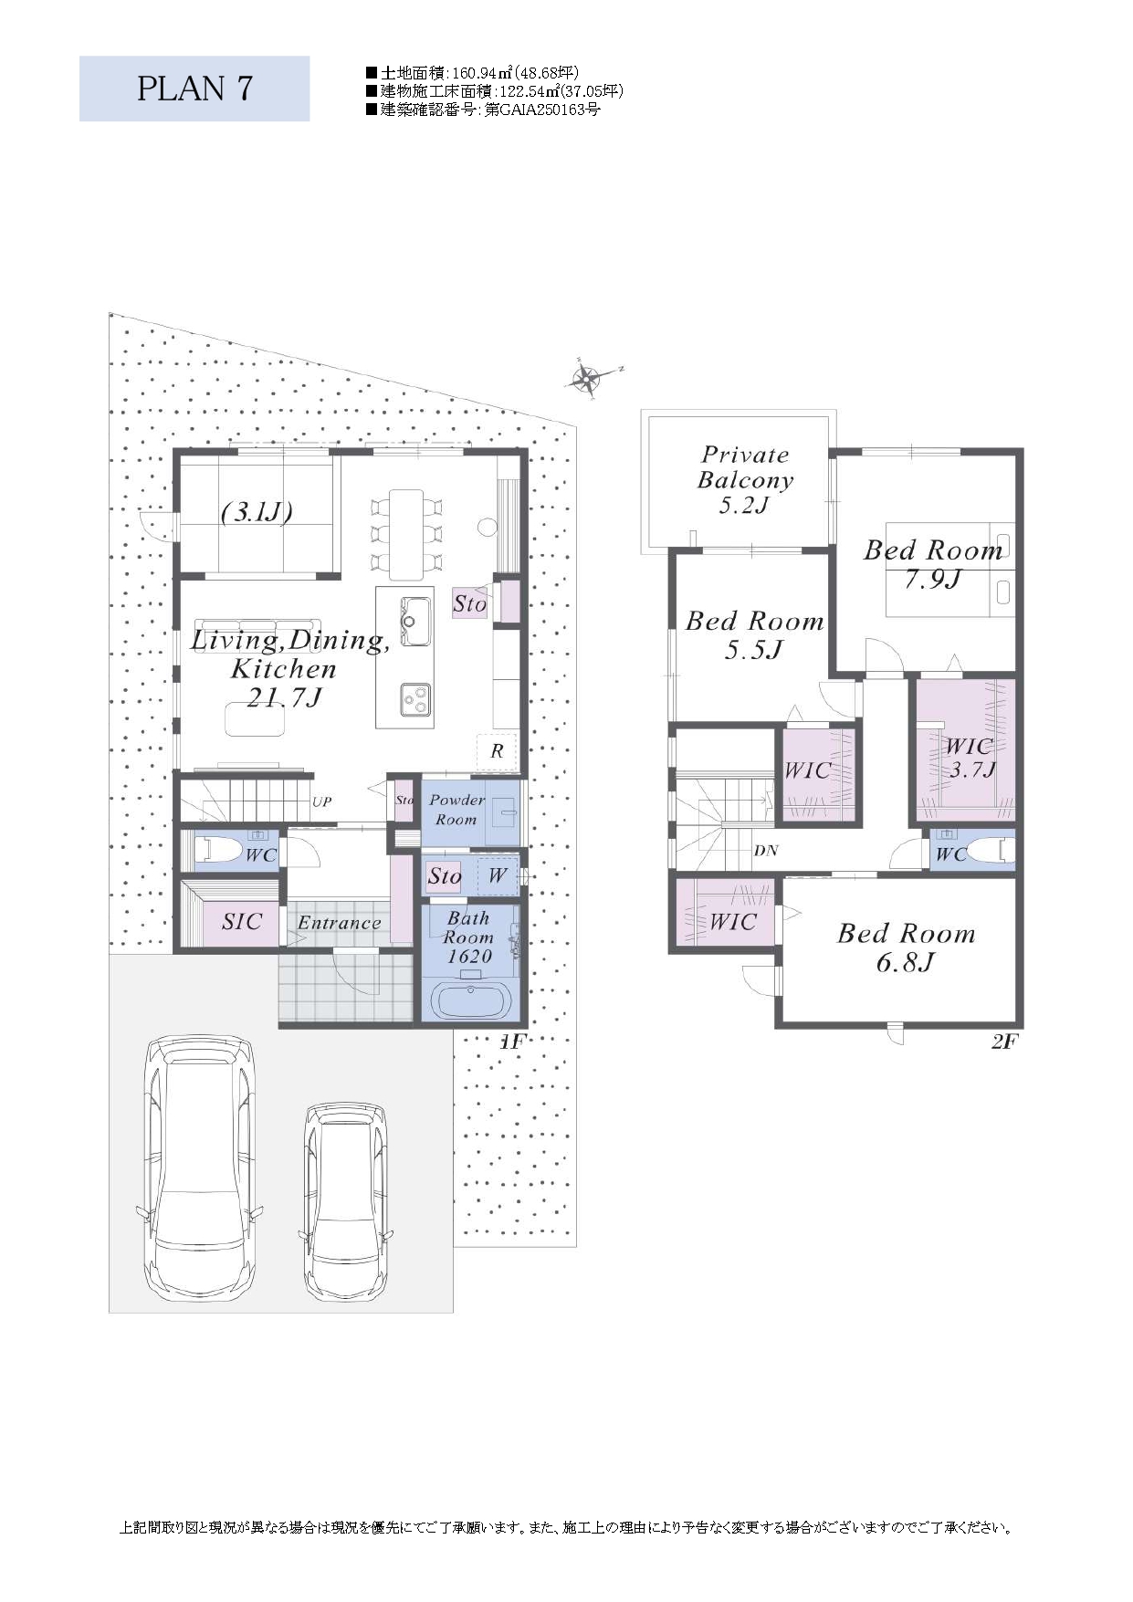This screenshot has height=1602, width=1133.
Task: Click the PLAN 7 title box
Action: pos(194,89)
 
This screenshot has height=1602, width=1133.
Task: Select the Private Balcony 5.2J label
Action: pos(745,480)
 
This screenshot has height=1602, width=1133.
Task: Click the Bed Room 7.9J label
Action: pos(933,564)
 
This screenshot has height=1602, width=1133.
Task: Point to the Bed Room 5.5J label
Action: pos(754,635)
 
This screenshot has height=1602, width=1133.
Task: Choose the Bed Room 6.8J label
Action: pos(906,948)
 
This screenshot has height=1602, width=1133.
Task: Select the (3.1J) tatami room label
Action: pos(257,512)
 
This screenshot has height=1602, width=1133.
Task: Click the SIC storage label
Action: pos(242,922)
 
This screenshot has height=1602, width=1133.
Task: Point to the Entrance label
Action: pos(339,923)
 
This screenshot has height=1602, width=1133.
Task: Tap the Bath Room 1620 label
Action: pos(468,937)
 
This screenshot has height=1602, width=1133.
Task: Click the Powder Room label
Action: pos(456,810)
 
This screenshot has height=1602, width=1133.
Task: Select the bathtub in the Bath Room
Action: pos(471,1000)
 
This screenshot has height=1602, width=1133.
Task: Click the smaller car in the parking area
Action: pos(346,1200)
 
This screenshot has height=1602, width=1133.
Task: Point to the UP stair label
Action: pos(322,802)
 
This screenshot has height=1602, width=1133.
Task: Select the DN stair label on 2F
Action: pos(766,851)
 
